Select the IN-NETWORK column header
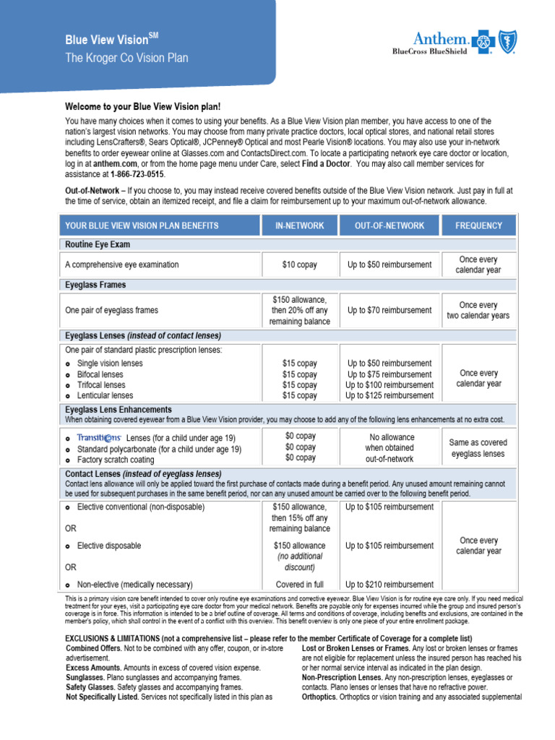click(x=299, y=225)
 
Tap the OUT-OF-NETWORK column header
click(x=390, y=225)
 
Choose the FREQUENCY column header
click(x=478, y=225)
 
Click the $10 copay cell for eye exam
click(x=299, y=265)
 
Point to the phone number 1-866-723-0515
click(x=137, y=175)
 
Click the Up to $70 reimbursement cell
click(x=390, y=310)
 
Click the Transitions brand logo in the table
click(x=99, y=438)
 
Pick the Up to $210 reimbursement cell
click(x=390, y=585)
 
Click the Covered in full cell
click(x=299, y=585)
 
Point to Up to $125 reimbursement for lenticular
click(x=390, y=396)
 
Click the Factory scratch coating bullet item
click(x=116, y=460)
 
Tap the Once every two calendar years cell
click(x=478, y=310)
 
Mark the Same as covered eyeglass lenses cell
click(x=478, y=448)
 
